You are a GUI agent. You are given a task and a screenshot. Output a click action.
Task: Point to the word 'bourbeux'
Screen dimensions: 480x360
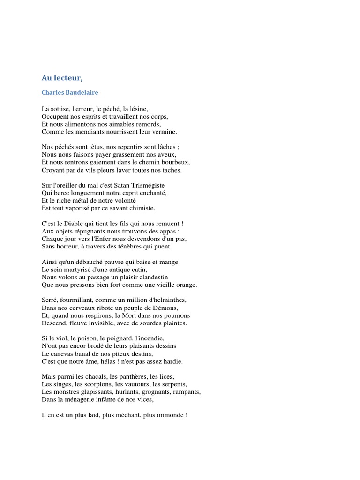coord(176,162)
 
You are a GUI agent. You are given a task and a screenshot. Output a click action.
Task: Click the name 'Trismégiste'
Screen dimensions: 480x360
coord(148,185)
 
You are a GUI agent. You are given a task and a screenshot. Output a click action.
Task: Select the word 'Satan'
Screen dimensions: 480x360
coord(120,185)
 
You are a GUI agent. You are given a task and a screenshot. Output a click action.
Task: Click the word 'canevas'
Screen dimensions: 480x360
coord(62,353)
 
